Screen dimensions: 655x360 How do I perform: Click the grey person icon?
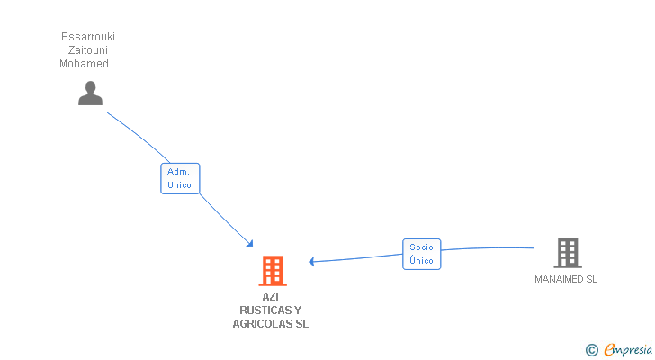coord(90,93)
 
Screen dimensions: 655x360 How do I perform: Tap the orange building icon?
coord(273,270)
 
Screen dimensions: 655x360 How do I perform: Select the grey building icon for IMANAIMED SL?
coord(567,253)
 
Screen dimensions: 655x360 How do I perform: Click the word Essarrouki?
coord(88,37)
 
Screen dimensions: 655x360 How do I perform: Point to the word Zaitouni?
coord(88,50)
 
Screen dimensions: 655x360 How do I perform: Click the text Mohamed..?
coord(86,64)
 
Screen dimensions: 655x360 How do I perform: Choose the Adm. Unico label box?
coord(180,178)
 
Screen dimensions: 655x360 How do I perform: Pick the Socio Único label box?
coord(421,254)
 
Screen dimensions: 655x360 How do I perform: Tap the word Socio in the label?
coord(421,247)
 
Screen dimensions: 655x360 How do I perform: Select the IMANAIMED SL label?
coord(565,279)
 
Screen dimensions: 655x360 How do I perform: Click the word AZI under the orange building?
coord(271,296)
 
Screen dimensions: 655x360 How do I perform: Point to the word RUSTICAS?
coord(261,310)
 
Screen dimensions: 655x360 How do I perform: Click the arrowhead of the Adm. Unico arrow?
coord(250,244)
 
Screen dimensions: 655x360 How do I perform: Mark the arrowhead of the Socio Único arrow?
coord(311,262)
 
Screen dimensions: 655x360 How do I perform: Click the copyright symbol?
coord(591,350)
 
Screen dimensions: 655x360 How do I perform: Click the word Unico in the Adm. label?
coord(180,184)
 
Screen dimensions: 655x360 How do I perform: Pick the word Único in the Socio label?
coord(421,261)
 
